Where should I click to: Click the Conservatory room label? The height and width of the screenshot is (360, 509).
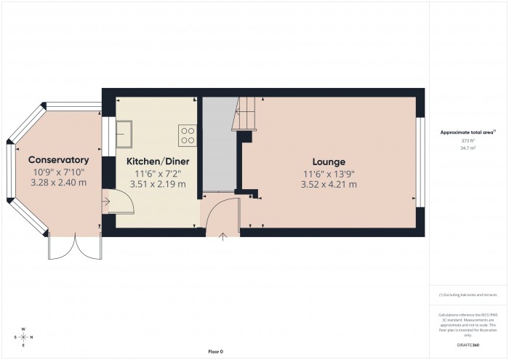[58, 160]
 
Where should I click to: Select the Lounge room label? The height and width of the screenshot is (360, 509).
[329, 161]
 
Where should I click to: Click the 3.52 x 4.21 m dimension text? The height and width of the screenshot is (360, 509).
[329, 184]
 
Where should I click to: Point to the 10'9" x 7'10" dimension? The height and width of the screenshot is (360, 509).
[58, 172]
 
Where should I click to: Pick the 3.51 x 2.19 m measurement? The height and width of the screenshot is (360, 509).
[157, 184]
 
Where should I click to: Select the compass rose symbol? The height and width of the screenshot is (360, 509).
[23, 337]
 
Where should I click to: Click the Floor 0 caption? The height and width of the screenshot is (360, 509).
[215, 351]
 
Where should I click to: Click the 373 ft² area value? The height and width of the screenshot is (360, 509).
[468, 140]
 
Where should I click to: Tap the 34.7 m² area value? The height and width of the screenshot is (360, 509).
[468, 148]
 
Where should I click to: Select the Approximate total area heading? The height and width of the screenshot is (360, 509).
[468, 132]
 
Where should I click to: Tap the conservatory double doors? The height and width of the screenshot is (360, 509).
[75, 249]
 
